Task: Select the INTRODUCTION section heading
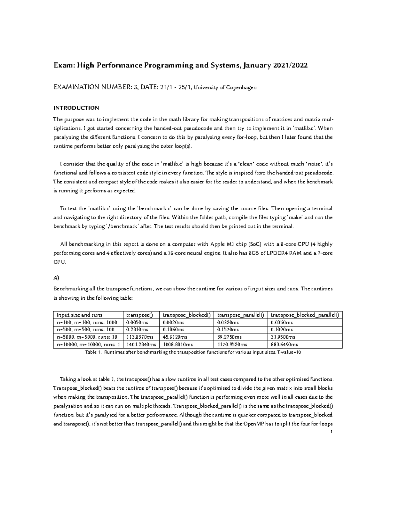click(x=76, y=108)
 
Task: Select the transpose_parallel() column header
click(x=240, y=315)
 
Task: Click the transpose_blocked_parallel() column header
click(x=305, y=315)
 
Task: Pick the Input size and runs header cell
click(x=79, y=315)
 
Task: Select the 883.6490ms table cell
click(x=284, y=345)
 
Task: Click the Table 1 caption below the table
click(x=193, y=353)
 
